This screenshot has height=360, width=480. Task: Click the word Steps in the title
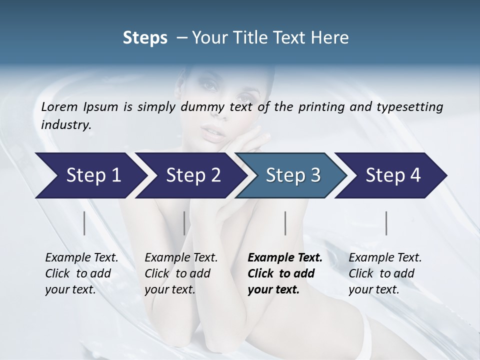[x=145, y=38]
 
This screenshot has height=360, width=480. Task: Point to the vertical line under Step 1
[x=84, y=223]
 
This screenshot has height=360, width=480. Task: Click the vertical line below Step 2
[x=184, y=223]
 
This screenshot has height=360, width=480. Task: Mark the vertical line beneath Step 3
[x=285, y=223]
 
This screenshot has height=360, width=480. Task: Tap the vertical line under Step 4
[x=386, y=223]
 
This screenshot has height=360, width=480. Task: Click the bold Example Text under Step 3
[x=285, y=257]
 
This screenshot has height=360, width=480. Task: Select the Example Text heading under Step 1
[x=81, y=257]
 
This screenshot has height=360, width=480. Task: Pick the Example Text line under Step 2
[x=181, y=257]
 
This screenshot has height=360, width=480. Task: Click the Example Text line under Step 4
[x=385, y=257]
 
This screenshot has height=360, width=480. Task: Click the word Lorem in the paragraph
[x=59, y=106]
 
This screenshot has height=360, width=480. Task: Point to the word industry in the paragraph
[x=66, y=124]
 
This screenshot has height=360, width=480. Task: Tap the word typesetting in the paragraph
[x=413, y=106]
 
